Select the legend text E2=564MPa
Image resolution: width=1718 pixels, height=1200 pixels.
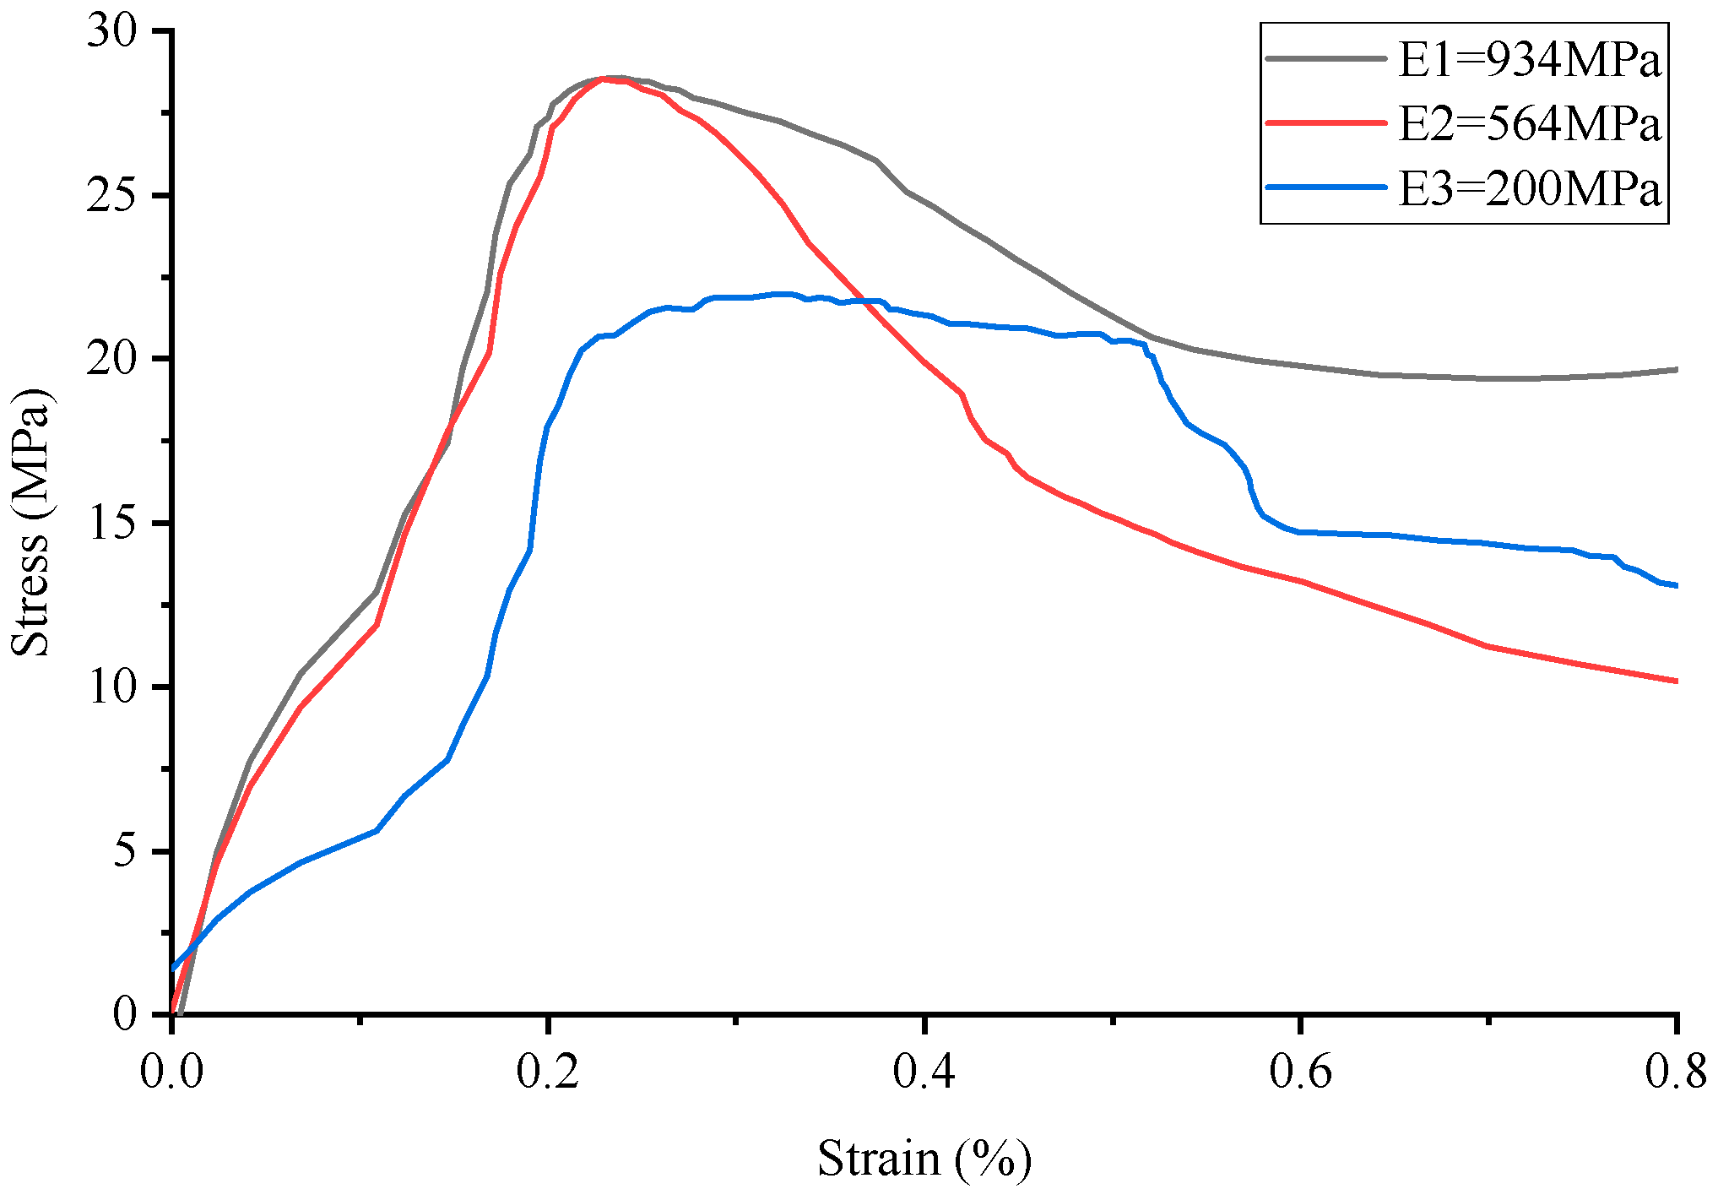pos(1529,124)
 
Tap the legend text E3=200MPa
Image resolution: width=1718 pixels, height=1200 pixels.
pos(1529,188)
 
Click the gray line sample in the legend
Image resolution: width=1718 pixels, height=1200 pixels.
pos(1326,58)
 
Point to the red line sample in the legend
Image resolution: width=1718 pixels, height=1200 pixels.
pos(1326,122)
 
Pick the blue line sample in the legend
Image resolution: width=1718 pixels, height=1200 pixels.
pos(1326,187)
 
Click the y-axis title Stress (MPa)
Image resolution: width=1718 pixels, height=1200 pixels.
pos(30,522)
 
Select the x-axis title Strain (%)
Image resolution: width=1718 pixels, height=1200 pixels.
pos(924,1158)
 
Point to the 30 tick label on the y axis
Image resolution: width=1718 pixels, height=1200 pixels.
pos(111,32)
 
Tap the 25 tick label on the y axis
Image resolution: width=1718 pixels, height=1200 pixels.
pos(111,196)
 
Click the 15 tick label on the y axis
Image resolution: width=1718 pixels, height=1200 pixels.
pos(111,524)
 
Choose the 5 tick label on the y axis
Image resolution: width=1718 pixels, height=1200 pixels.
pos(124,851)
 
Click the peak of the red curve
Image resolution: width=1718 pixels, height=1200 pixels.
pos(604,78)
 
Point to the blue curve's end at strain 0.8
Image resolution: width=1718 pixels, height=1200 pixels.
pos(1675,585)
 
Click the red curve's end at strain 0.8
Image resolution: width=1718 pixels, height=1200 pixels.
pos(1675,681)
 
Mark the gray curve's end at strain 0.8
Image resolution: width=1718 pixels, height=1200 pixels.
pos(1675,369)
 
